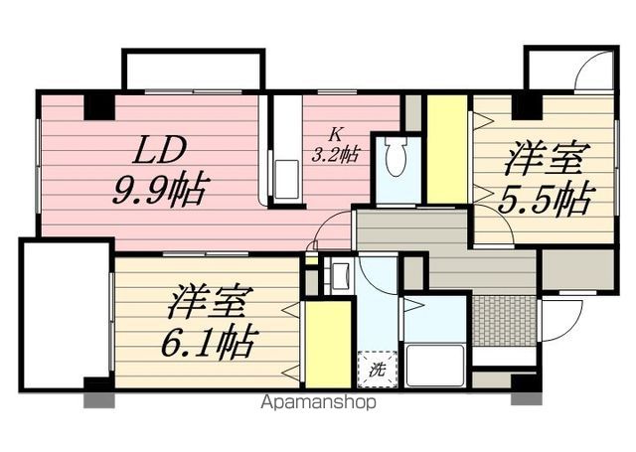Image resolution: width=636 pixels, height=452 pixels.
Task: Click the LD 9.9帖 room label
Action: (161, 171)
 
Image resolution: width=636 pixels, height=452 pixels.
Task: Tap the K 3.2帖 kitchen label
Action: (335, 145)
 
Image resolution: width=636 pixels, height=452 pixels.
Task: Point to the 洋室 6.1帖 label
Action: (209, 322)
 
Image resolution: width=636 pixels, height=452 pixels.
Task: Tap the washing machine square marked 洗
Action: (378, 369)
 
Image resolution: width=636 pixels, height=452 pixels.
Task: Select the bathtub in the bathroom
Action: (435, 365)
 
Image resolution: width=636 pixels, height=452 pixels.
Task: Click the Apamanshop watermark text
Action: (318, 402)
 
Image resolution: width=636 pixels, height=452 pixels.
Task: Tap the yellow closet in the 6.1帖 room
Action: (328, 344)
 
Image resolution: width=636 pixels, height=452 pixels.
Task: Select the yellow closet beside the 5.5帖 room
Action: (447, 149)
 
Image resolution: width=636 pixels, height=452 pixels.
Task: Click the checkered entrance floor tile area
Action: (505, 321)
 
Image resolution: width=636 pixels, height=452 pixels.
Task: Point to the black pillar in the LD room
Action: (99, 107)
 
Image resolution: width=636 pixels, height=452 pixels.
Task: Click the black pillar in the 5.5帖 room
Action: (527, 107)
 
